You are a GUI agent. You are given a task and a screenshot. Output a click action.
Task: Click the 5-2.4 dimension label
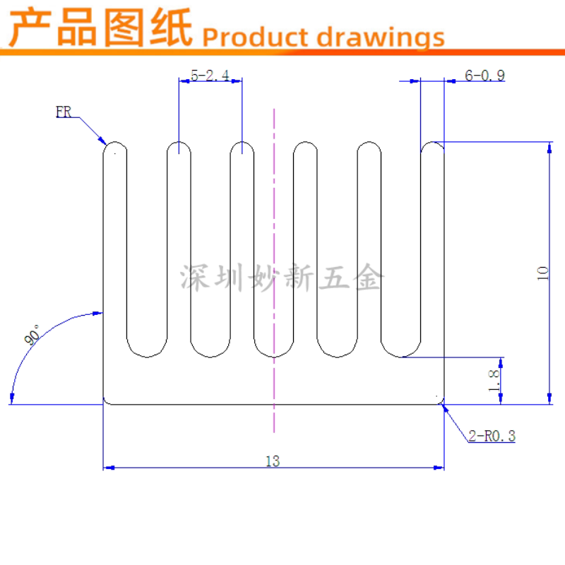tap(210, 76)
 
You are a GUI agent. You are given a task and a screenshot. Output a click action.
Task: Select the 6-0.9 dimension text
tap(484, 76)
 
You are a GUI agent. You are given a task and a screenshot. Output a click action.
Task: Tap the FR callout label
tap(64, 112)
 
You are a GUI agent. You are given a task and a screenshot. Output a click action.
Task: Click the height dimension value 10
tap(542, 273)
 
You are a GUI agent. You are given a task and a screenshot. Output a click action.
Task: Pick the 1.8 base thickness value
tap(494, 381)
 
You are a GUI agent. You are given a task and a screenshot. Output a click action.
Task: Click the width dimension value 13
tap(273, 461)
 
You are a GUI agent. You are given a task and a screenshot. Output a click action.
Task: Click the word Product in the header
tap(256, 37)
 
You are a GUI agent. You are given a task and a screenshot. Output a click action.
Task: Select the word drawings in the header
tap(381, 37)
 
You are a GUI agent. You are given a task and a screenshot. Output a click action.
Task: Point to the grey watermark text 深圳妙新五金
tap(280, 278)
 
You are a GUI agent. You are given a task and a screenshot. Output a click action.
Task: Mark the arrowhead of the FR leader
tap(102, 141)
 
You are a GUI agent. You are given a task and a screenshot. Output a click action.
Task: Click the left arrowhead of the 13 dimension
tap(108, 468)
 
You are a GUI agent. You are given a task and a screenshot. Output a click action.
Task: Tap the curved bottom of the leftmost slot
tap(148, 351)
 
